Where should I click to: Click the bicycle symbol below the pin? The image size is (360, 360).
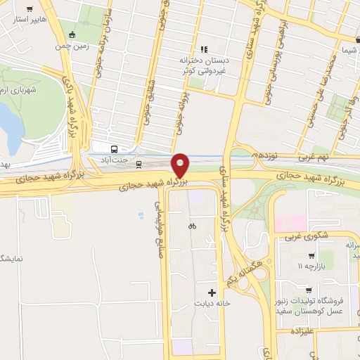[x=191, y=226]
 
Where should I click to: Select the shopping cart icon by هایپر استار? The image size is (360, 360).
[x=29, y=10]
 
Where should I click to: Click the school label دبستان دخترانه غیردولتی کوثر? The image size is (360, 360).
[x=226, y=67]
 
